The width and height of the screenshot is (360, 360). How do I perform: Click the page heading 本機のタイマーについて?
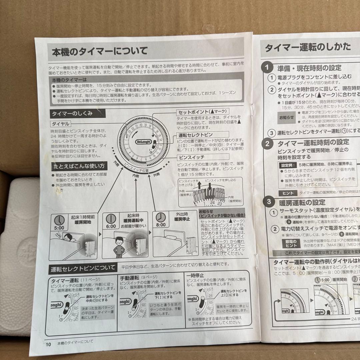click(x=99, y=52)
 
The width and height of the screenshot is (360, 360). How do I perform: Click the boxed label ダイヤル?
click(x=60, y=124)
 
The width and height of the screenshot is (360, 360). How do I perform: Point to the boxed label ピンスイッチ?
click(x=191, y=157)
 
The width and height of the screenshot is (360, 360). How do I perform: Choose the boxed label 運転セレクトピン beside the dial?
click(x=195, y=135)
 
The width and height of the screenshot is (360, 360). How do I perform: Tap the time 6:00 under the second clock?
click(x=111, y=226)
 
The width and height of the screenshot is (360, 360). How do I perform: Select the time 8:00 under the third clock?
click(x=160, y=225)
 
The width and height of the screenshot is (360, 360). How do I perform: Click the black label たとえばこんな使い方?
click(x=79, y=166)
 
